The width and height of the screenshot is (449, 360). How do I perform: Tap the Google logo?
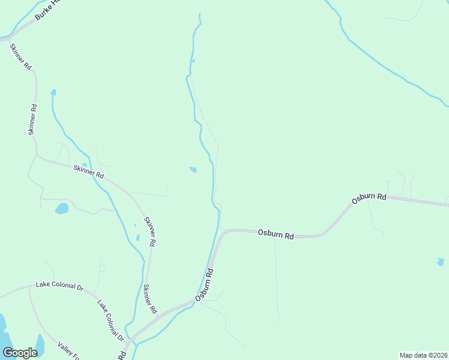[x=20, y=353]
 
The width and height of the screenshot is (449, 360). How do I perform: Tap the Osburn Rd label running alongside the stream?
[x=205, y=284]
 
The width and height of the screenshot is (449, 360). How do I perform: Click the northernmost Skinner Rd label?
[x=20, y=58]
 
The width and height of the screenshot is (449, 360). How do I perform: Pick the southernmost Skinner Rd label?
[x=148, y=299]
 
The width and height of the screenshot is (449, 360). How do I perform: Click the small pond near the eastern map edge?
[x=441, y=262]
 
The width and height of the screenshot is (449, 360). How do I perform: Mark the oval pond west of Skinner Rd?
[x=61, y=209]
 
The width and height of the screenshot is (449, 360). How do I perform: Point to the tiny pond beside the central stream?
[x=193, y=169]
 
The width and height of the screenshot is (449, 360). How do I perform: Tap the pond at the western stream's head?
[x=53, y=92]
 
